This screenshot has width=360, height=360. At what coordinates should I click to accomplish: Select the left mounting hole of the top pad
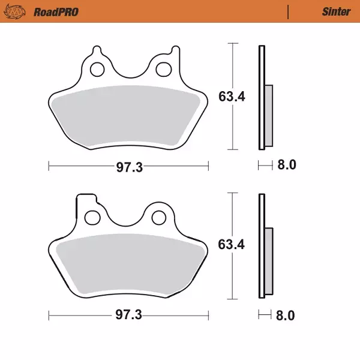point(97,70)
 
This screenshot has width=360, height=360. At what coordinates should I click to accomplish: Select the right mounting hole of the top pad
point(162,70)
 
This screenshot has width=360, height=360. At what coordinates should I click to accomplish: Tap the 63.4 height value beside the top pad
point(231,97)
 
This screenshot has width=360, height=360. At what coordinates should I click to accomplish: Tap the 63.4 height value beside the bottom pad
point(231,244)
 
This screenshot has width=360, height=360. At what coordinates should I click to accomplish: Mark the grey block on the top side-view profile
point(268,115)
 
